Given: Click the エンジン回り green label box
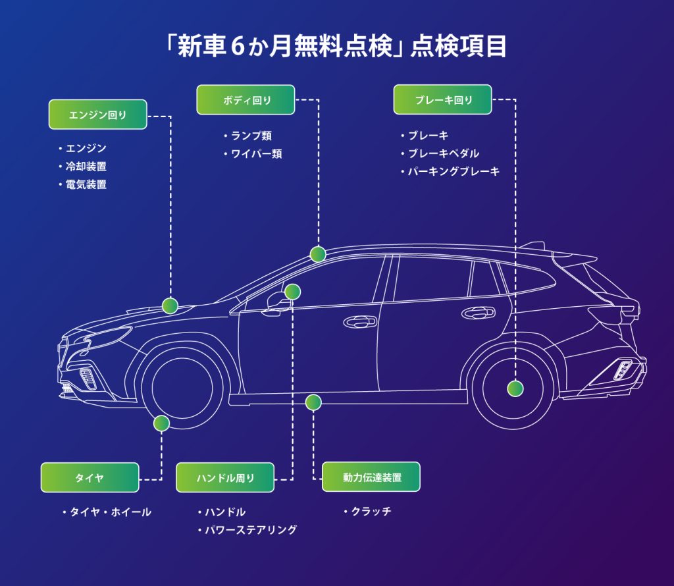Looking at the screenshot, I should click(97, 115).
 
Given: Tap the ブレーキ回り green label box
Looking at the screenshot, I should click(442, 100).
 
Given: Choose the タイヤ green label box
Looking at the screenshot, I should click(90, 477).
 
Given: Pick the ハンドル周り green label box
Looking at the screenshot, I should click(224, 477).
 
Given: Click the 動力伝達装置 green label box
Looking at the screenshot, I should click(371, 477).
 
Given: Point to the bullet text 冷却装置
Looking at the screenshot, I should click(86, 167).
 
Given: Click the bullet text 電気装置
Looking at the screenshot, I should click(86, 184).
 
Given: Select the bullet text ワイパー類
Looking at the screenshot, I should click(256, 154).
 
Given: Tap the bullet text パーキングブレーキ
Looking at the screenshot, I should click(454, 171).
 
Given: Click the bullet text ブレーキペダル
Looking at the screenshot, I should click(443, 153).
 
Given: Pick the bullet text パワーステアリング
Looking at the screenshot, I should click(250, 529).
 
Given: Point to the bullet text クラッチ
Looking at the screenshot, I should click(371, 512).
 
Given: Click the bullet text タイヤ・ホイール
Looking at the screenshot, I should click(110, 512).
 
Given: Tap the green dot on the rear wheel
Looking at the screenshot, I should click(515, 388).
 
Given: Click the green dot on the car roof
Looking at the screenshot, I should click(318, 254).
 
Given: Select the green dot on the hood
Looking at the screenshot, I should click(170, 306).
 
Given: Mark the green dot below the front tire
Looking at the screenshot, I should click(161, 423).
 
